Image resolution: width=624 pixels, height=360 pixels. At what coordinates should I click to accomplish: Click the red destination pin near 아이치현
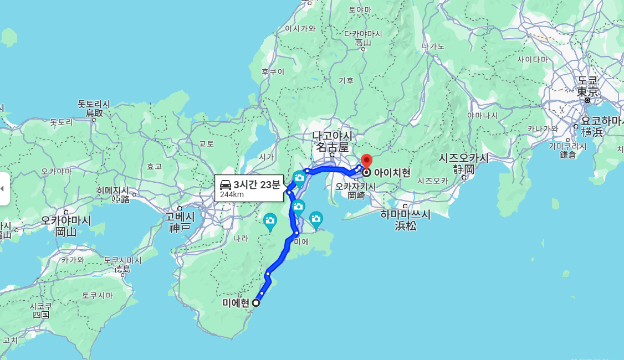[x=366, y=162]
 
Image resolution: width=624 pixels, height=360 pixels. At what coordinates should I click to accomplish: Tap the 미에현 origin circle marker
[x=256, y=303]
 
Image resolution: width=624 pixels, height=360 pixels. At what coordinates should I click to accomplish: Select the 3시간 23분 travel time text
[x=257, y=184]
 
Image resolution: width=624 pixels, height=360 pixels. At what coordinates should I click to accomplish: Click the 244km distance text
[x=232, y=194]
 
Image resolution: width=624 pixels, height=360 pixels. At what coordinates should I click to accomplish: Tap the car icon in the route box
[x=226, y=185]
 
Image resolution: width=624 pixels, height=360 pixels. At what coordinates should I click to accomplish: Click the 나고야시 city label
[x=332, y=136]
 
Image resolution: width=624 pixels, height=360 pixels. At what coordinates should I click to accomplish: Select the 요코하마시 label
[x=601, y=120]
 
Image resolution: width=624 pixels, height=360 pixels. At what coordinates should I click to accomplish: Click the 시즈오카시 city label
[x=464, y=158]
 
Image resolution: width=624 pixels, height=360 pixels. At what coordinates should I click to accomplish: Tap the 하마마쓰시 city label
[x=405, y=214]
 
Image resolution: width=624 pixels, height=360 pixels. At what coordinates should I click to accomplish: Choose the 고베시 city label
[x=180, y=217]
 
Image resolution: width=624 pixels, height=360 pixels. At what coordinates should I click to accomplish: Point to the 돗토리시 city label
[x=94, y=104]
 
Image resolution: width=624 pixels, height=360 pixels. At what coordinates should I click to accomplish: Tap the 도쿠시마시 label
[x=122, y=260]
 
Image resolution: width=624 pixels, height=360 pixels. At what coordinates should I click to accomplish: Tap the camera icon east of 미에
[x=316, y=219]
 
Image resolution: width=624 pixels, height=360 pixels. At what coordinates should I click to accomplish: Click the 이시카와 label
[x=300, y=28]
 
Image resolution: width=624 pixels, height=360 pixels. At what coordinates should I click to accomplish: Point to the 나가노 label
[x=433, y=46]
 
